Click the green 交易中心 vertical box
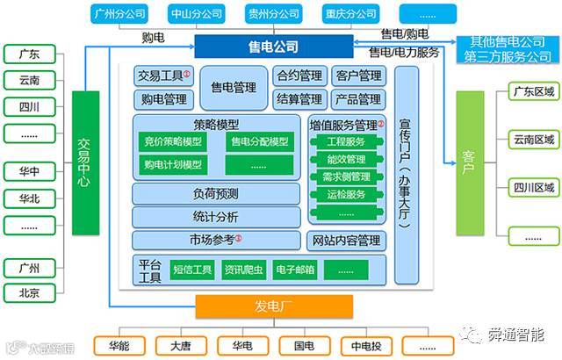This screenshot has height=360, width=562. point(84,163)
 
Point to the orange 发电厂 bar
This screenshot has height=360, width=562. point(273,306)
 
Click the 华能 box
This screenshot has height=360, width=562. point(120,346)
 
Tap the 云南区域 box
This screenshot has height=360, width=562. point(533,140)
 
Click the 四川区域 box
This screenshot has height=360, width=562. point(533,188)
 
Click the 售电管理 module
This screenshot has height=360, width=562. point(234,88)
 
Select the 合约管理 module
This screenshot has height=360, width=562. point(299,76)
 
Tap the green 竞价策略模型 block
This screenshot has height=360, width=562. point(173,142)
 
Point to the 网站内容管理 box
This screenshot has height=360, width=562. point(345,241)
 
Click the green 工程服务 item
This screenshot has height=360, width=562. point(345,141)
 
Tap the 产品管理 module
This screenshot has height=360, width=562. point(357,99)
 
